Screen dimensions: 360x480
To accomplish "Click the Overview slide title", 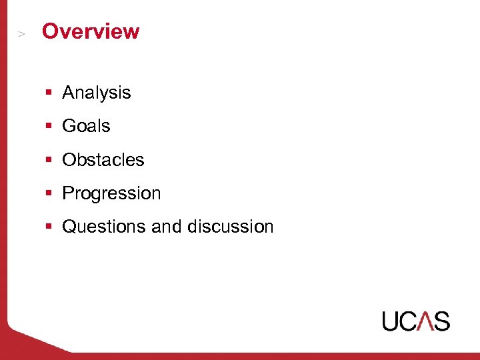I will point(91,31).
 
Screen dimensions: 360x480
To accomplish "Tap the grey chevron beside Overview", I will point(21,33).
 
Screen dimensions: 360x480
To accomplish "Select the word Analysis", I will point(96,93).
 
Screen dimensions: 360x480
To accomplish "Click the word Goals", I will point(86,126).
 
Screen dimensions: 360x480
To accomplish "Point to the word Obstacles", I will point(103,160).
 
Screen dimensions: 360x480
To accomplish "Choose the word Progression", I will point(111,194).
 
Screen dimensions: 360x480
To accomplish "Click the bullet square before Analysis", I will point(49,93).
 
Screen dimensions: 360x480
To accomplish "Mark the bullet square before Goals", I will point(49,127).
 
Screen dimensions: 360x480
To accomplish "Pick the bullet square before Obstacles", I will point(49,161).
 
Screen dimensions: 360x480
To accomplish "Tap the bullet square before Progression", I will point(49,194).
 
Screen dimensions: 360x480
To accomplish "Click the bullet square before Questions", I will point(49,227).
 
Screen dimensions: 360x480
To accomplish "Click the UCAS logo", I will point(416,321).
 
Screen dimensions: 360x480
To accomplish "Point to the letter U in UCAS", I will point(391,321).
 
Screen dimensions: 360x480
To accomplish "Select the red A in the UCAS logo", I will point(425,321).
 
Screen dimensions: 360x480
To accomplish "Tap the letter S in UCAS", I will point(441,321).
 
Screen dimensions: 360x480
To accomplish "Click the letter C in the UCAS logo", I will point(409,321).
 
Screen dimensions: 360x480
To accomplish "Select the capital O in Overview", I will point(49,31).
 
